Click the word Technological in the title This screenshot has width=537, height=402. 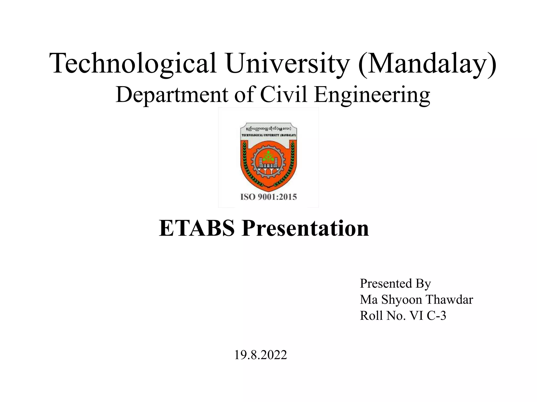[x=132, y=64]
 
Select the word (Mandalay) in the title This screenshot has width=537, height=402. [x=427, y=64]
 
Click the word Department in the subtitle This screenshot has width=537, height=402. [x=172, y=95]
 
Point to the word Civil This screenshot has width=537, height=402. [x=283, y=95]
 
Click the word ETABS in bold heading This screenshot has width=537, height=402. [x=197, y=228]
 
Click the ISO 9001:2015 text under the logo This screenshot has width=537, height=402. [x=268, y=197]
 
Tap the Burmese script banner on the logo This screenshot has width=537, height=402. [x=268, y=129]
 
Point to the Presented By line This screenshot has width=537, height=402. [x=395, y=283]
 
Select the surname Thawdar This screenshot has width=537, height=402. [x=449, y=300]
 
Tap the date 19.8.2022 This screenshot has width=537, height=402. [x=260, y=355]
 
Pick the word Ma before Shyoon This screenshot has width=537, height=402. [x=368, y=300]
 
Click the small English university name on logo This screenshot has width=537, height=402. [x=268, y=135]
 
